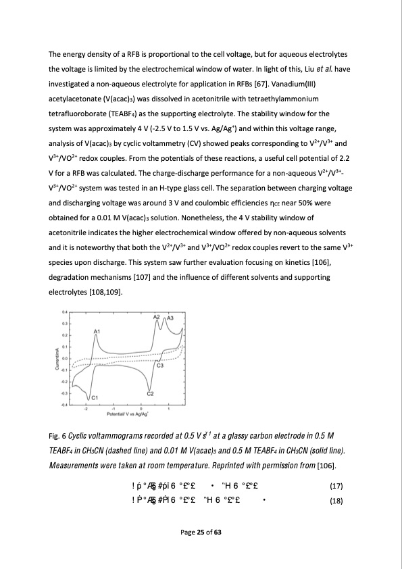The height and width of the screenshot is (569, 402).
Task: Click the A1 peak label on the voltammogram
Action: pos(97,330)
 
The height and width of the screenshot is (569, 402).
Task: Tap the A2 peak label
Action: pos(156,317)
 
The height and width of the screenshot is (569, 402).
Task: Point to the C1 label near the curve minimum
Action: pos(95,397)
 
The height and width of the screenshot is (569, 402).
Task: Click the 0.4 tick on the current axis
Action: pos(64,312)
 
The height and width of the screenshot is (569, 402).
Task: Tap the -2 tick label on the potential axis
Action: pos(86,409)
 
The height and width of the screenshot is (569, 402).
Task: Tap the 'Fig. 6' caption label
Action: pos(57,434)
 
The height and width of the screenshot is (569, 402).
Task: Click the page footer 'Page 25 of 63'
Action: pos(201,552)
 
